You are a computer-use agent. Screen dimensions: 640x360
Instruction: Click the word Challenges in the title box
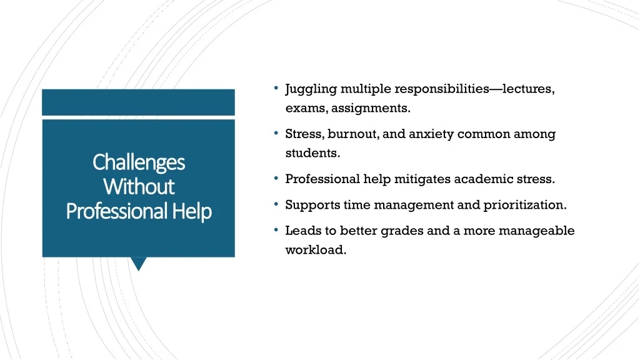point(139,163)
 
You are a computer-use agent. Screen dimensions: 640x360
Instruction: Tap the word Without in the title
point(139,186)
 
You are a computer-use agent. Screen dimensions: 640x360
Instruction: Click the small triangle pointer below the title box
point(139,264)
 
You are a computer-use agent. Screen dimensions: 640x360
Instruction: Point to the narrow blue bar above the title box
point(138,102)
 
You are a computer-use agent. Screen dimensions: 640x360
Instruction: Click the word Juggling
point(311,89)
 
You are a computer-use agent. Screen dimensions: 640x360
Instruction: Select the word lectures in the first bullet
point(529,89)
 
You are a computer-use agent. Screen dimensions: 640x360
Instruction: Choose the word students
point(312,153)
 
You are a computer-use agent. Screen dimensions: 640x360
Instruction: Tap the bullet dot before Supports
point(276,203)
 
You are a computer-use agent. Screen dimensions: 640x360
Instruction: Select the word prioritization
point(525,205)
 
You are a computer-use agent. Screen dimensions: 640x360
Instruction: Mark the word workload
point(316,250)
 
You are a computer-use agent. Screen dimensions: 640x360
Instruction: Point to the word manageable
point(537,231)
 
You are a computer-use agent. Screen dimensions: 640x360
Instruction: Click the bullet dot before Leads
point(276,229)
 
